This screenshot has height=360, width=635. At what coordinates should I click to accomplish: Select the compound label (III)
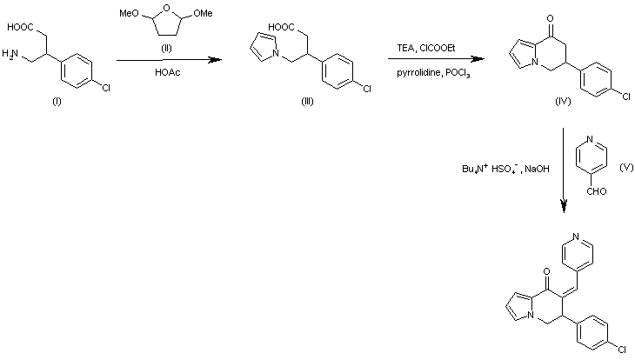click(307, 102)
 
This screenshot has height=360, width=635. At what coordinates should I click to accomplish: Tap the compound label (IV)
click(563, 102)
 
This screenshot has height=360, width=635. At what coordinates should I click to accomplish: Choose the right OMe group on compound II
click(203, 13)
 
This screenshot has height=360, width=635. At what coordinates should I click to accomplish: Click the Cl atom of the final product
click(623, 349)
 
